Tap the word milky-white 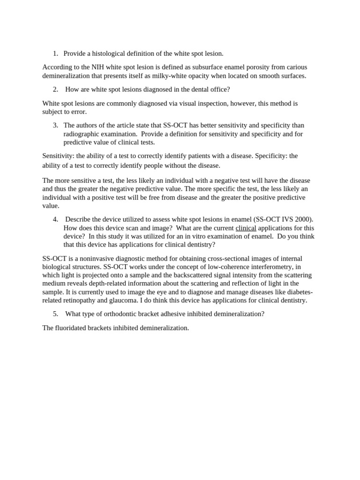(x=175, y=75)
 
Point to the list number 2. (x=55, y=89)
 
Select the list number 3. (x=55, y=125)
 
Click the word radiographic (x=83, y=134)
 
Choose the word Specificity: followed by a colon (x=271, y=156)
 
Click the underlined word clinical (x=246, y=228)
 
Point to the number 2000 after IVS (x=304, y=219)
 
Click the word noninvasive (x=97, y=258)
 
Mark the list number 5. (x=55, y=314)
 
